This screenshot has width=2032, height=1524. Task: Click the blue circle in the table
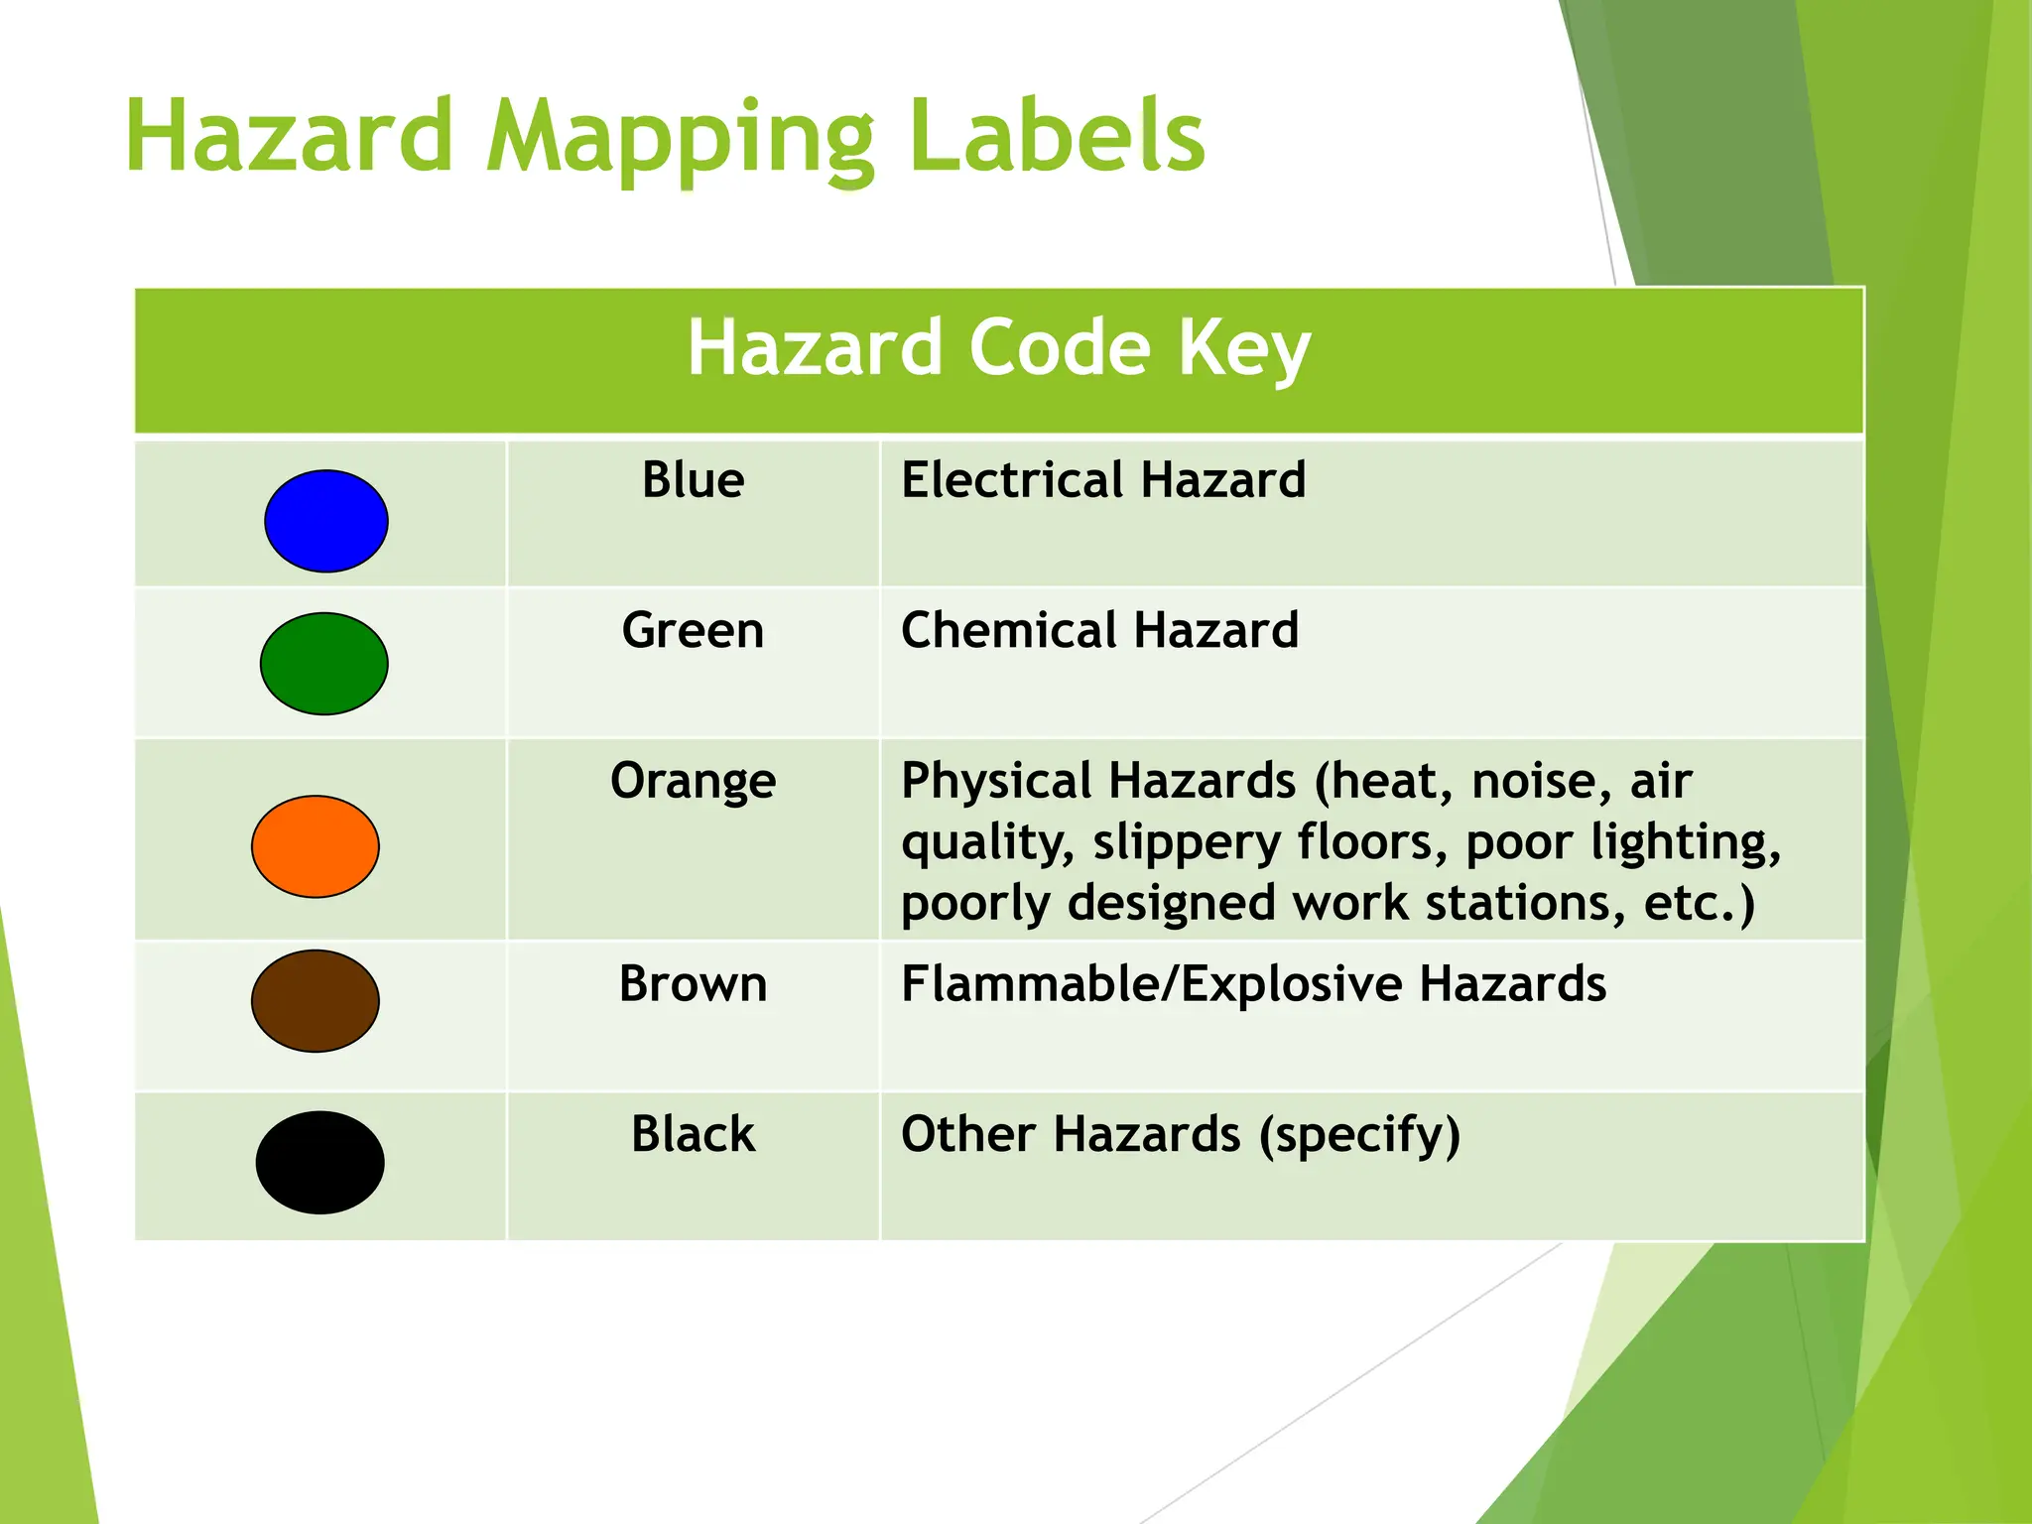click(x=325, y=521)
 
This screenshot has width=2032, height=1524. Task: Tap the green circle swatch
click(x=323, y=664)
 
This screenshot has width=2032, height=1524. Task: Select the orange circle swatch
click(x=316, y=846)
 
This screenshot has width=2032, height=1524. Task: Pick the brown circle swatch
click(x=316, y=1001)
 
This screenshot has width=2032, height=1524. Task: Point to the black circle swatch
click(x=319, y=1162)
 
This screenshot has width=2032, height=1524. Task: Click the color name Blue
click(x=693, y=480)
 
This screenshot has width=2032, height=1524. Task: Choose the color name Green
click(x=693, y=631)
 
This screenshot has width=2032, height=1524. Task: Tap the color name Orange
click(x=693, y=781)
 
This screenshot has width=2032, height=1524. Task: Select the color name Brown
click(x=693, y=984)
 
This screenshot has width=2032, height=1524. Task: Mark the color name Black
click(x=693, y=1134)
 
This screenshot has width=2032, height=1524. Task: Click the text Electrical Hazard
click(x=1103, y=480)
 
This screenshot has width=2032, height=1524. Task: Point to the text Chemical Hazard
click(x=1099, y=631)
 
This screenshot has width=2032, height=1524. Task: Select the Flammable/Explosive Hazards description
click(x=1253, y=984)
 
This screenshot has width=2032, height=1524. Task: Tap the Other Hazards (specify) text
click(x=1181, y=1135)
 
